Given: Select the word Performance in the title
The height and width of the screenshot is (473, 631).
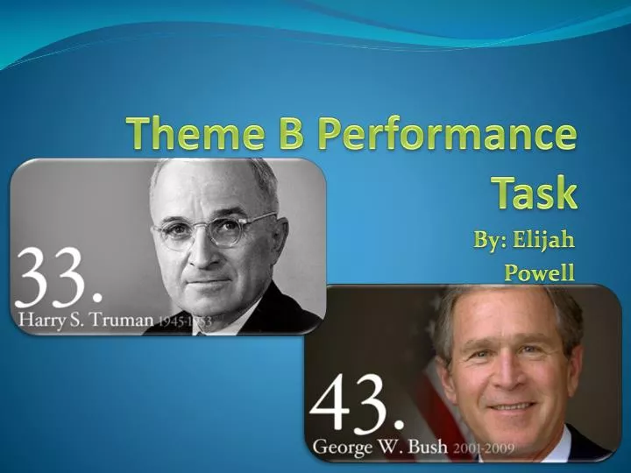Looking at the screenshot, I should click(x=446, y=136).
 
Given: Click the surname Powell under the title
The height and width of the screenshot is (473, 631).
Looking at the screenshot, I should click(x=539, y=272).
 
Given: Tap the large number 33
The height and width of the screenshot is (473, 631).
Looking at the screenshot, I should click(x=54, y=276).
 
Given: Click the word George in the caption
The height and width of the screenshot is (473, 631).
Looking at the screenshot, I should click(x=342, y=448).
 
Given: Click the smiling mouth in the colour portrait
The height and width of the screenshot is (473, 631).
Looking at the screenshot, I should click(x=512, y=406).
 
